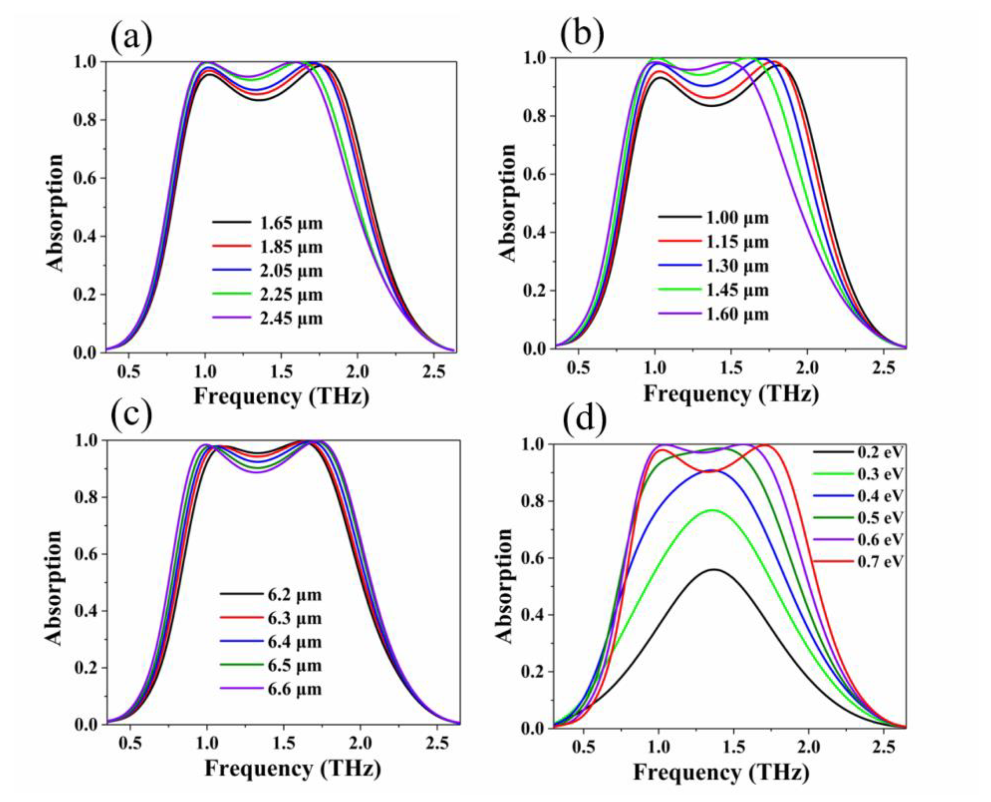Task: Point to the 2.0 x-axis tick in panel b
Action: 807,368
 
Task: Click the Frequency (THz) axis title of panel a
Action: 281,396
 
